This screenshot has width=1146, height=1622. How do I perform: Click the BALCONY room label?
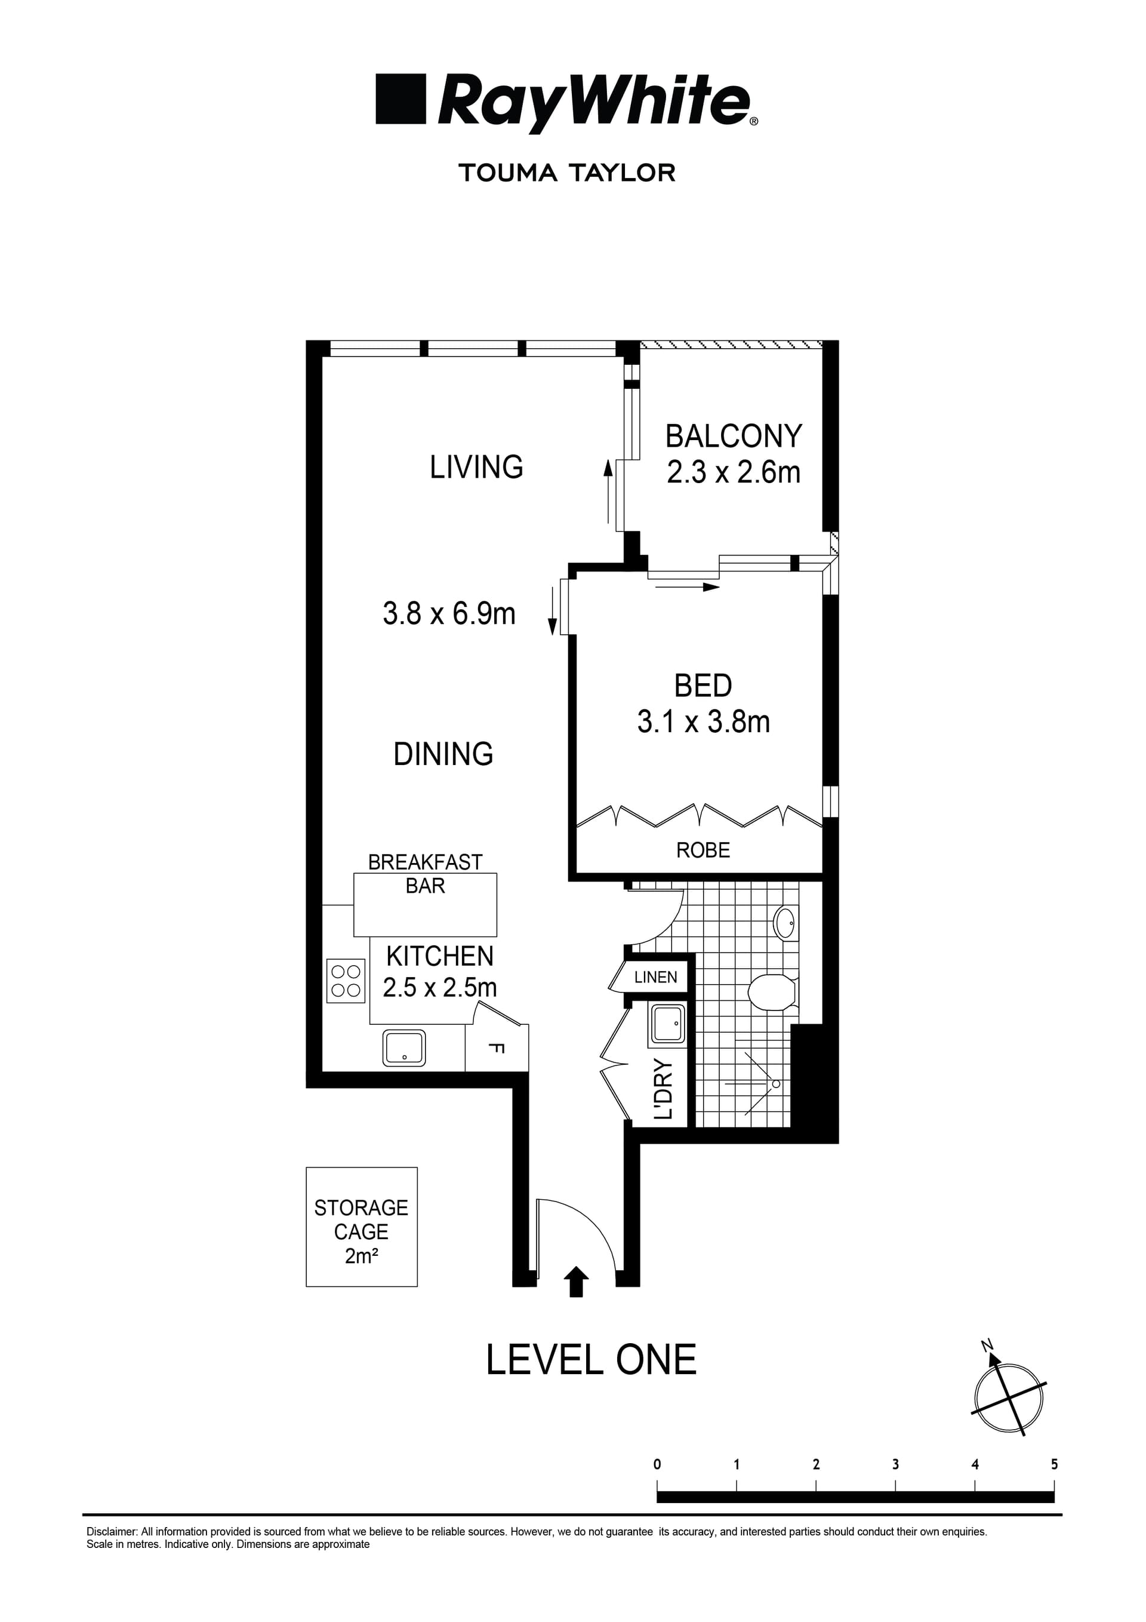pyautogui.click(x=733, y=437)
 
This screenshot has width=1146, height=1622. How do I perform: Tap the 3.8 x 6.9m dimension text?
pyautogui.click(x=449, y=613)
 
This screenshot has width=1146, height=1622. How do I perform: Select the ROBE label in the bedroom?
pyautogui.click(x=703, y=850)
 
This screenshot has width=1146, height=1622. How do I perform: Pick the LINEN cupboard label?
pyautogui.click(x=655, y=977)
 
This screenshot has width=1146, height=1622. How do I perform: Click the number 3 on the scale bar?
pyautogui.click(x=895, y=1464)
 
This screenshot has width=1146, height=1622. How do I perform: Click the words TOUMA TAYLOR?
pyautogui.click(x=567, y=173)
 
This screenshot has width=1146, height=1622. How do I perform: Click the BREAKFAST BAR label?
pyautogui.click(x=425, y=873)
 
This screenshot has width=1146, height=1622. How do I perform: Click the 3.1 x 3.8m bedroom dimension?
pyautogui.click(x=703, y=722)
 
